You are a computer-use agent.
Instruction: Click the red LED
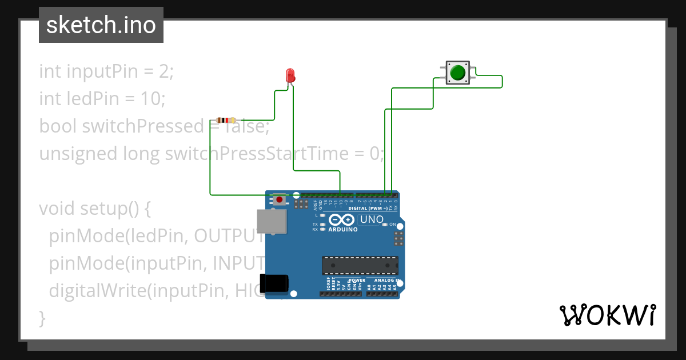[x=290, y=75]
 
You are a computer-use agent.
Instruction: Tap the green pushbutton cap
[x=457, y=73]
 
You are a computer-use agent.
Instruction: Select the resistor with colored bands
[x=228, y=120]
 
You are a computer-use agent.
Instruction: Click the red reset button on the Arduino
[x=279, y=199]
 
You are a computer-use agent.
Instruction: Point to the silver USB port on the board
[x=271, y=221]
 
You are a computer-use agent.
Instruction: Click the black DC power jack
[x=274, y=284]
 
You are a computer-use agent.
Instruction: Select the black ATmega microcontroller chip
[x=360, y=266]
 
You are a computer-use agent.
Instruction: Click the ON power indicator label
[x=393, y=225]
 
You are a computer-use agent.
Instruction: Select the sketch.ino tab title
[x=101, y=25]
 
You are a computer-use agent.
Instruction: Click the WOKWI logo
[x=607, y=315]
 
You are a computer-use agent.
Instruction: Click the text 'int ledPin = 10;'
[x=102, y=99]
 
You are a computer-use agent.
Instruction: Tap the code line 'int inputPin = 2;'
[x=106, y=71]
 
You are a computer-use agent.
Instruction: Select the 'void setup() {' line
[x=94, y=208]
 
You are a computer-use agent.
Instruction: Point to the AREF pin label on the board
[x=315, y=202]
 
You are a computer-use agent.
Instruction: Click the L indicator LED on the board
[x=322, y=215]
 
